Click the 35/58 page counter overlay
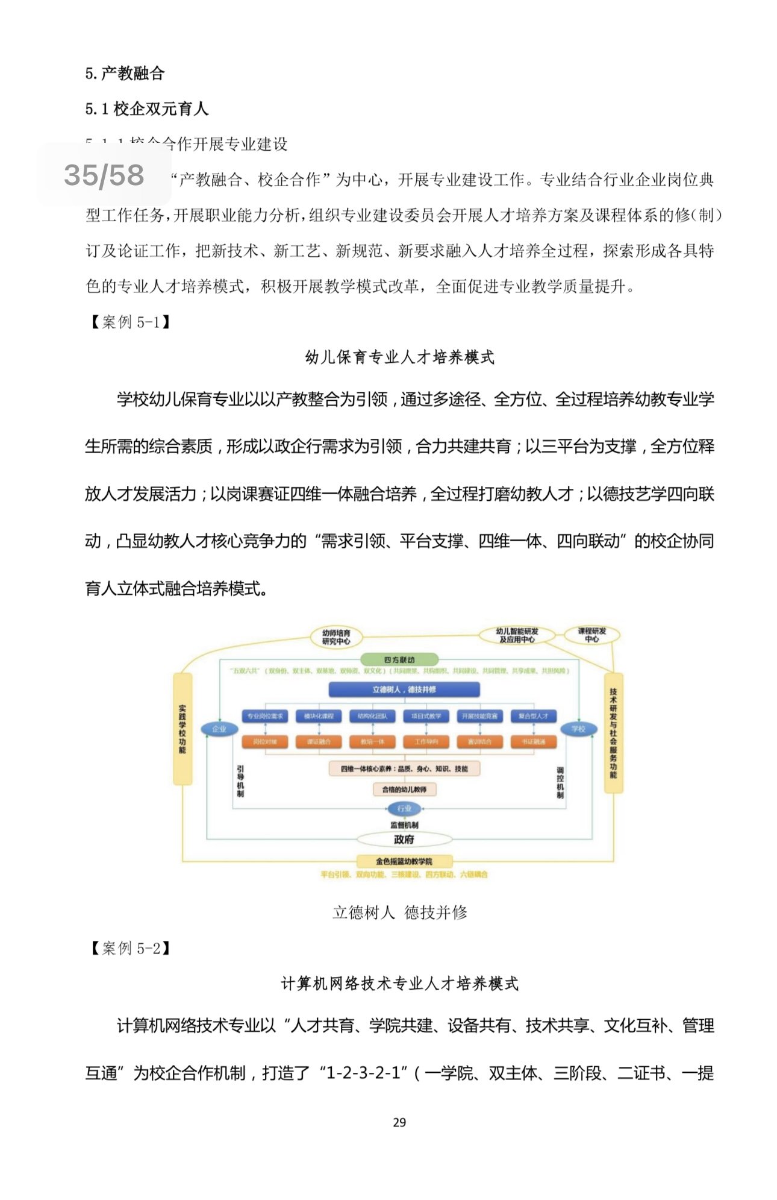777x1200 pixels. [x=104, y=175]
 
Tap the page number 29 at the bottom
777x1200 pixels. [x=399, y=1122]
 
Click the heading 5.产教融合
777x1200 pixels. [x=125, y=74]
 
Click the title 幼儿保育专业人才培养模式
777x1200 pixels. [x=399, y=357]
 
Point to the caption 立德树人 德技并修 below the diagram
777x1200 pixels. [x=399, y=913]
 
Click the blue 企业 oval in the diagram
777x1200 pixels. [x=219, y=729]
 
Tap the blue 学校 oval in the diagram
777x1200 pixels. [x=578, y=729]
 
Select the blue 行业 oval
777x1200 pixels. [x=404, y=808]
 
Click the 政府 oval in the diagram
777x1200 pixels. [x=404, y=839]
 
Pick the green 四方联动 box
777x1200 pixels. [x=399, y=660]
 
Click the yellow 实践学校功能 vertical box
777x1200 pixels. [x=183, y=729]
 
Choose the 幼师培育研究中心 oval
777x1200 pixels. [x=335, y=637]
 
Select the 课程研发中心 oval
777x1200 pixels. [x=591, y=635]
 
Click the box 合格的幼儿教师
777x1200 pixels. [x=404, y=789]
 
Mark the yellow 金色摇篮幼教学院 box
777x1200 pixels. [x=404, y=861]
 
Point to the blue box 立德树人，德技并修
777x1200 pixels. [x=404, y=690]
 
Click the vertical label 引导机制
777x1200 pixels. [x=240, y=781]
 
